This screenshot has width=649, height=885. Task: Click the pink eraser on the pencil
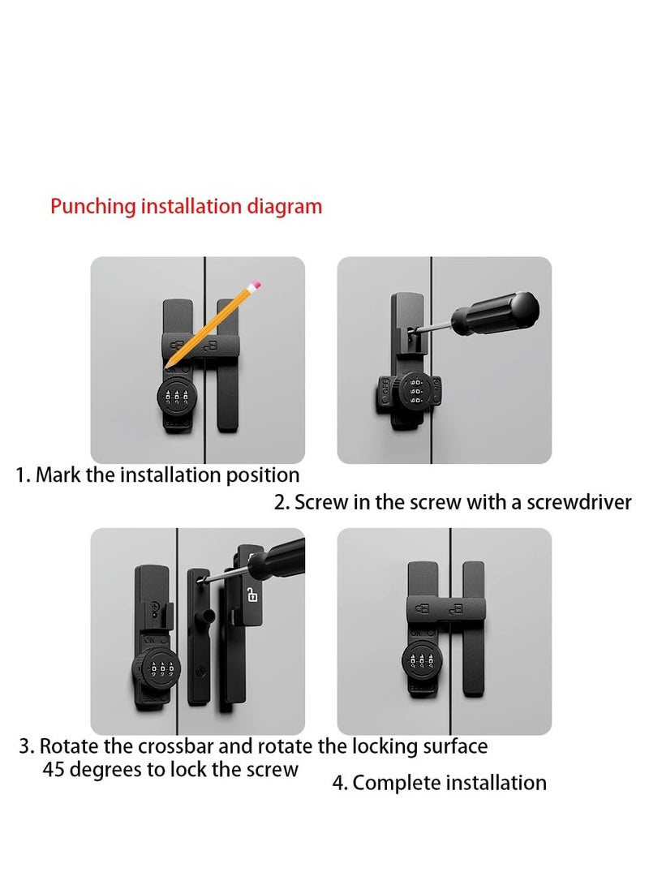click(256, 285)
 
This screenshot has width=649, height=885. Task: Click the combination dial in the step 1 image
click(174, 398)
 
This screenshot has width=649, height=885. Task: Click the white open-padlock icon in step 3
click(252, 596)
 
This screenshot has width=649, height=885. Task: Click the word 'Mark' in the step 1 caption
click(58, 475)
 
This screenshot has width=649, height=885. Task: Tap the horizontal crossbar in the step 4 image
click(444, 608)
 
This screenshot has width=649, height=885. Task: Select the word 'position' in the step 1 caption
click(260, 475)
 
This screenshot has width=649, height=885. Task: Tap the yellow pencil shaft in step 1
click(213, 324)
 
